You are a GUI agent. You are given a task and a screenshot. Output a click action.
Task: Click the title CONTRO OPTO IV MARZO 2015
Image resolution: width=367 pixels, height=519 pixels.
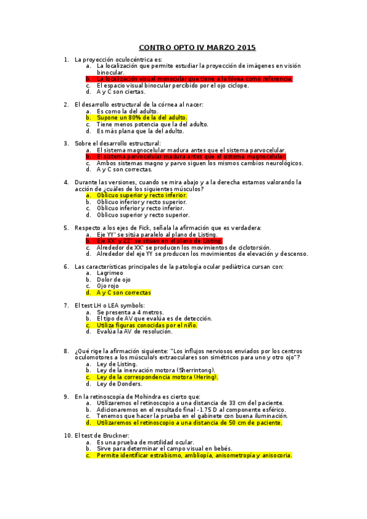[197, 47]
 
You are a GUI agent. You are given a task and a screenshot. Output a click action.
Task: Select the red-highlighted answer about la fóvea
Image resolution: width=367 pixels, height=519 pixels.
[194, 79]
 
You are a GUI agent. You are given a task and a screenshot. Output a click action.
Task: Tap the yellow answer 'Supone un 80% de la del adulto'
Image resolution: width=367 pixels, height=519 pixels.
[142, 117]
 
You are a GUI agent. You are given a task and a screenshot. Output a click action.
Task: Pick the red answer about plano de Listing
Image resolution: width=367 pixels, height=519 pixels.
[159, 241]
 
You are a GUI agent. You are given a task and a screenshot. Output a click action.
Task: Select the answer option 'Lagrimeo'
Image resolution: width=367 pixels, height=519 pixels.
[110, 273]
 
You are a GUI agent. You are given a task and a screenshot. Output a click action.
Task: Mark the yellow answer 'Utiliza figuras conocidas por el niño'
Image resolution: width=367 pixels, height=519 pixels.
[147, 325]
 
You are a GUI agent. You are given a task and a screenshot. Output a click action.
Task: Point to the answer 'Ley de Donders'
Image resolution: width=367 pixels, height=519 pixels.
[119, 384]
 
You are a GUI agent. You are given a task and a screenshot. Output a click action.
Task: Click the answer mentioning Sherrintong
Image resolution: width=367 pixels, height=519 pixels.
[156, 370]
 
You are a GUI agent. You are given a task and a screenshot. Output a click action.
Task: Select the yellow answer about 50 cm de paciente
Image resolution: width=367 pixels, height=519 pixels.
[189, 422]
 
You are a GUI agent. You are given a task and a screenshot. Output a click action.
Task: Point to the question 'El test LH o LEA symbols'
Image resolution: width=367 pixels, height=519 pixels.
[109, 305]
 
